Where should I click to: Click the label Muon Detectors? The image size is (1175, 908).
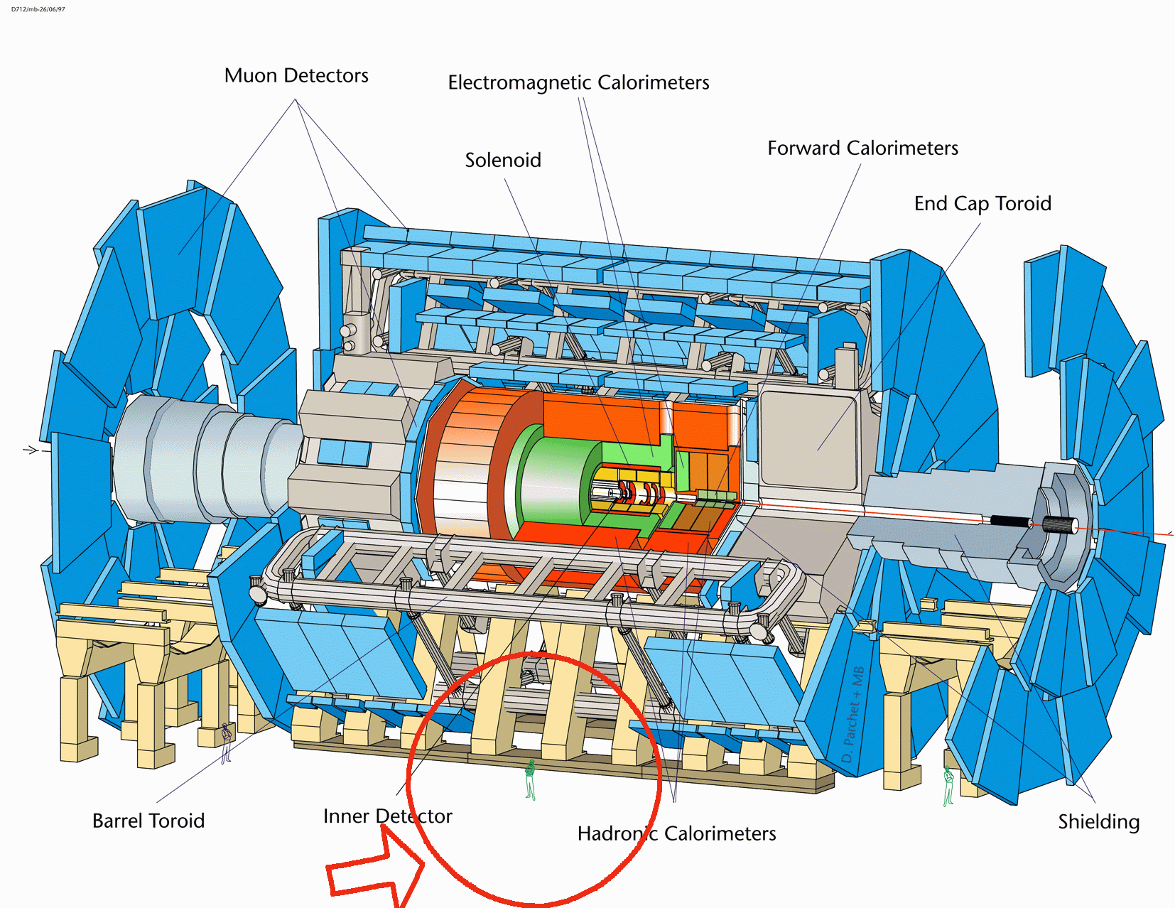pos(296,76)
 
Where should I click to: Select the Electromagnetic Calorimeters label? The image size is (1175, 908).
pos(578,82)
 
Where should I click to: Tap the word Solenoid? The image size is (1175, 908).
pos(503,160)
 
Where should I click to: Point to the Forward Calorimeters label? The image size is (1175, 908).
pos(863,148)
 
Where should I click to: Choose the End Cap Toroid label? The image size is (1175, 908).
pos(982,204)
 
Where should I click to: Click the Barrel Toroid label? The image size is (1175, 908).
pos(148,821)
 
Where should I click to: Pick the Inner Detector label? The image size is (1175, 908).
pos(388,816)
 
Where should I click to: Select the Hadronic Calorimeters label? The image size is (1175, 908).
pos(676,833)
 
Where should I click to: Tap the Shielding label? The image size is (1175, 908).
pos(1099,822)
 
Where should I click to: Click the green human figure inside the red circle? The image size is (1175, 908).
pos(531,779)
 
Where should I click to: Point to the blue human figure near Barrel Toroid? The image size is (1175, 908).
pos(226,743)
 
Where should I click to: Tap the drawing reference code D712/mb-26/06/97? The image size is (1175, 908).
pos(38,9)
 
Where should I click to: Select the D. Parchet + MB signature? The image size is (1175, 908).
pos(853,715)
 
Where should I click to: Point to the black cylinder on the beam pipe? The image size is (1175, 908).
pos(1010,522)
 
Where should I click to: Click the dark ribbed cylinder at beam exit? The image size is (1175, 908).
pos(1058,524)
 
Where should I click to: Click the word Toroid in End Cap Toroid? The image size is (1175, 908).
pos(1024,204)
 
